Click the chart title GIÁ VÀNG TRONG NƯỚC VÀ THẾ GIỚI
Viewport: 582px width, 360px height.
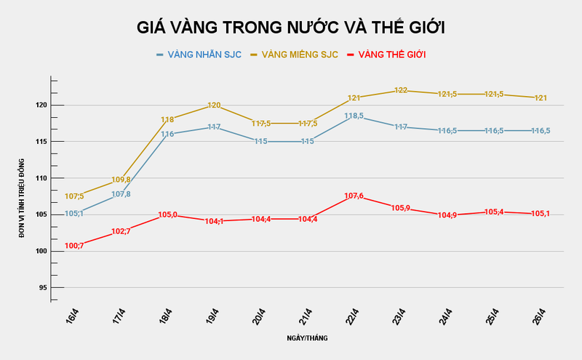(x=291, y=28)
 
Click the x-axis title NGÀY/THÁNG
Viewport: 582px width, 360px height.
(x=306, y=339)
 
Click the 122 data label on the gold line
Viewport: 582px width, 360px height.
(x=401, y=90)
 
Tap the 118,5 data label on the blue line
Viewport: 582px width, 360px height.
(x=354, y=116)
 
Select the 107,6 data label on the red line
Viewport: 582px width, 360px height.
(x=354, y=196)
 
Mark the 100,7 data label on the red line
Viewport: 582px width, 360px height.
(x=75, y=246)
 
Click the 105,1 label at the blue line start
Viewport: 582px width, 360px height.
(x=75, y=214)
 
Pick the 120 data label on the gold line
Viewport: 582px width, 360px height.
(x=215, y=105)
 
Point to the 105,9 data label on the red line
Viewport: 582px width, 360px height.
(x=401, y=208)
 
